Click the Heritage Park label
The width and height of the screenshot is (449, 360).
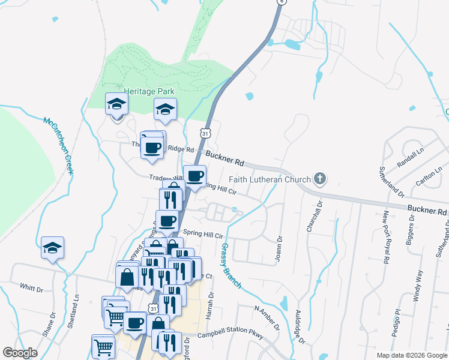(x=149, y=91)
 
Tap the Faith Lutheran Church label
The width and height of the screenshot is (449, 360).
(x=270, y=179)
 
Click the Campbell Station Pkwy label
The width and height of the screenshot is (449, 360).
(x=230, y=335)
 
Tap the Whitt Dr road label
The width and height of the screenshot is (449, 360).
(x=31, y=288)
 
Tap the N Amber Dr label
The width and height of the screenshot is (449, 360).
(x=267, y=317)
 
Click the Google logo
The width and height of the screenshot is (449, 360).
(x=20, y=353)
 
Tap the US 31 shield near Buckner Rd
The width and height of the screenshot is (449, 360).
(x=206, y=133)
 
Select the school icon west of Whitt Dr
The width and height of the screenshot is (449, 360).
(x=53, y=247)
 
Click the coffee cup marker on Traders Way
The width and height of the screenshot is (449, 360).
(x=194, y=176)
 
